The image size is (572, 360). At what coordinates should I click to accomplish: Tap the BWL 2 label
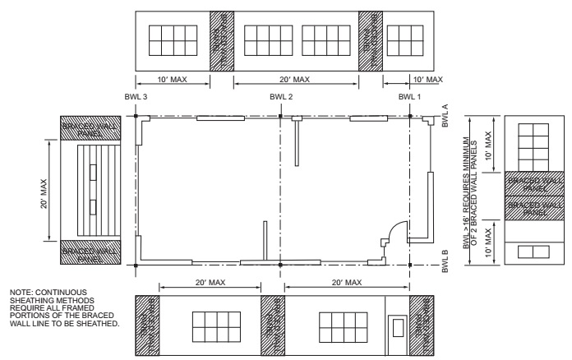pos(281,97)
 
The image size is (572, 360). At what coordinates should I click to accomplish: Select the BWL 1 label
pos(409,97)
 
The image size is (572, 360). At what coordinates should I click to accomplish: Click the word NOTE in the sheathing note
pos(21,291)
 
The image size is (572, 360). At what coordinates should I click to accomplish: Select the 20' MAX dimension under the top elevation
pos(296,79)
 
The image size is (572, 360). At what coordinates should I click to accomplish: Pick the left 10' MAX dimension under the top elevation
pos(173,79)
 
